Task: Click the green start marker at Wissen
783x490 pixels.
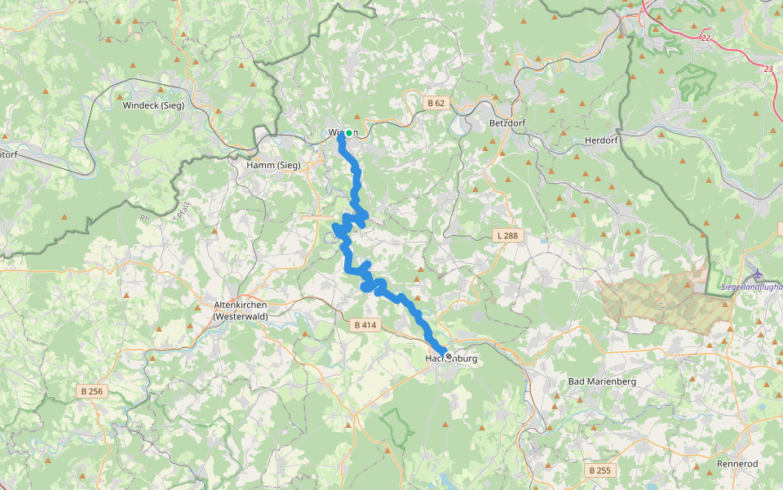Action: pos(349,133)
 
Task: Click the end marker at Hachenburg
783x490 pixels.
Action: pos(448,356)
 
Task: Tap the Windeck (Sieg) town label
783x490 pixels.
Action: pos(153,105)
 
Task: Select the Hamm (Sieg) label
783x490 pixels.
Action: pos(273,165)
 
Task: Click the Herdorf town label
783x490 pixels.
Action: pos(602,140)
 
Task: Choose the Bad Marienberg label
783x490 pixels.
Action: pos(601,381)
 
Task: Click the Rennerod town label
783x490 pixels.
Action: pos(737,463)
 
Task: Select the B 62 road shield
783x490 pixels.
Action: pos(436,103)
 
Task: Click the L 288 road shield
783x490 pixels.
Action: pos(507,236)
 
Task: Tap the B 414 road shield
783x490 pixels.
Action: pos(365,325)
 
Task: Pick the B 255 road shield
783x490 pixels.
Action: pos(599,470)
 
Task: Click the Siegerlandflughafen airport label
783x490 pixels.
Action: pos(752,287)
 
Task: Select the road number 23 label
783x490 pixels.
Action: pos(768,69)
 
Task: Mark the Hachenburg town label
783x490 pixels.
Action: pos(451,359)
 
